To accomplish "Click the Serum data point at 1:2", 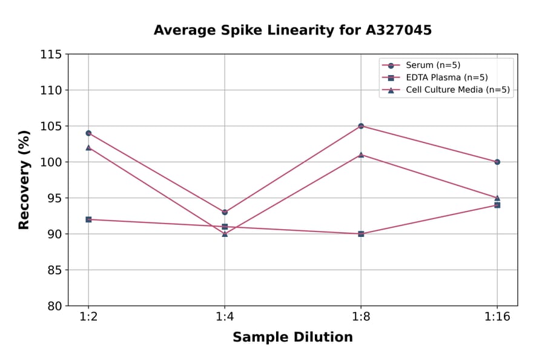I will coord(88,133).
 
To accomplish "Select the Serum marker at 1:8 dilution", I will coord(361,126).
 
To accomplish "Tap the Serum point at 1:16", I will coord(497,162).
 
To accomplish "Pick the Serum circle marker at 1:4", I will coord(225,212).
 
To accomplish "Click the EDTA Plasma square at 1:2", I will coord(88,219).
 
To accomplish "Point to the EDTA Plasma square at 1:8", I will coord(361,234).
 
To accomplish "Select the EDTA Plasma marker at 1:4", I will coord(225,227).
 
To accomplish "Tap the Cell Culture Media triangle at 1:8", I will coord(361,155).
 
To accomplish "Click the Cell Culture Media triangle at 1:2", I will coord(88,147).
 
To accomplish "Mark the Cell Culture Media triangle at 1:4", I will coord(225,234).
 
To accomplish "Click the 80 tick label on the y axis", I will coord(54,306).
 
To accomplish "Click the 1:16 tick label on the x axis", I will coord(497,318).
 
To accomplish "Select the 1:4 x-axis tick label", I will coord(225,318).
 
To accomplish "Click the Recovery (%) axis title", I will coord(24,180).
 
